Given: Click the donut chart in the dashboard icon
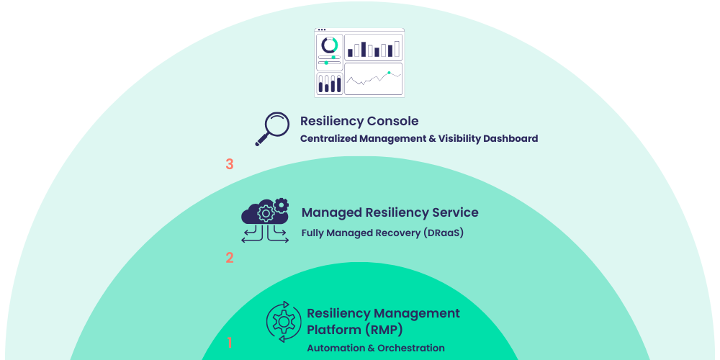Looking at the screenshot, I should point(330,45).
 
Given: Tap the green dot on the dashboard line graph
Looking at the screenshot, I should point(389,73).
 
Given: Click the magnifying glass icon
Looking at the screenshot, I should point(271,129).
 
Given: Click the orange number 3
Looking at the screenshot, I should point(230,164).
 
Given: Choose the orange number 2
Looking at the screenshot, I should point(230,257).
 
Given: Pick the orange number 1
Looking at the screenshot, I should point(230,343).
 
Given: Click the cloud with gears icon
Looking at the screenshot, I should point(265,220).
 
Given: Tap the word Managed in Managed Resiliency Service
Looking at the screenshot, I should point(332,212).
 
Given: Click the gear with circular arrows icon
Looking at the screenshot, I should point(284,322).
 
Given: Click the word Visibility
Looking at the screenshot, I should point(459,138).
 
